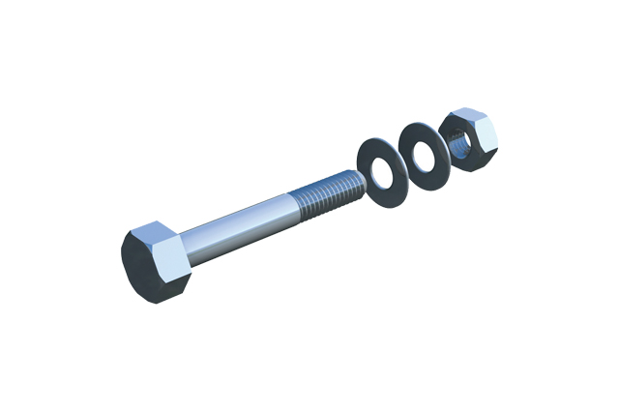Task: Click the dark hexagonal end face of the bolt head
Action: coord(142,264)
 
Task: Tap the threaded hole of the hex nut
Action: coord(462,142)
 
